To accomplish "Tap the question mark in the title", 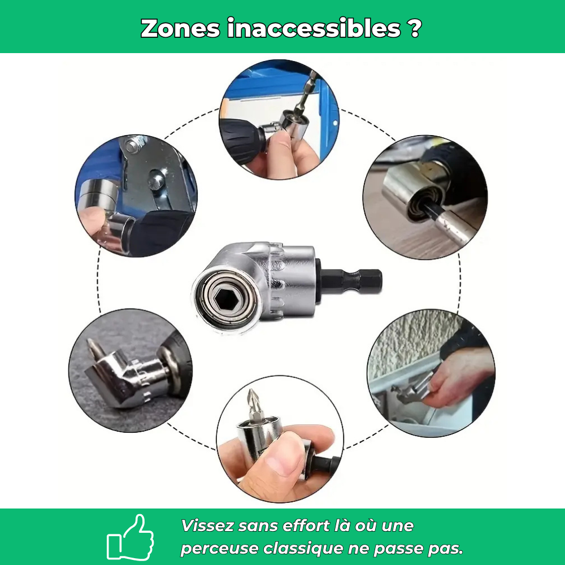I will pos(414,28).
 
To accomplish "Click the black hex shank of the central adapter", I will pos(353,279).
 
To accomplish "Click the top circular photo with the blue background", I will pos(279,120).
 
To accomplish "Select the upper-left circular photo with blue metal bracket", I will pos(136,195).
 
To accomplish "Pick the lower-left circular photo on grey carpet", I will pos(130,370).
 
